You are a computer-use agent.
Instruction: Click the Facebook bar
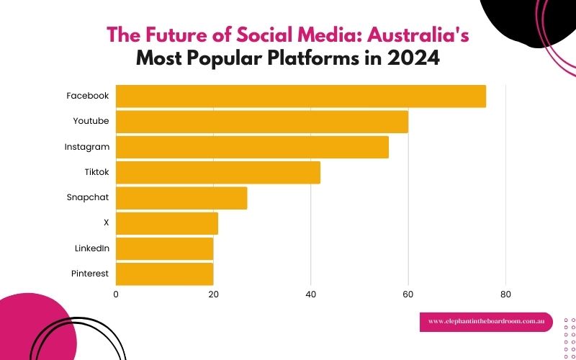[301, 96]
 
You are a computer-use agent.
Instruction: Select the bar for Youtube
[262, 122]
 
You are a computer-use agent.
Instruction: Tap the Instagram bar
[252, 147]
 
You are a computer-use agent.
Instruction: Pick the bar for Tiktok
[218, 172]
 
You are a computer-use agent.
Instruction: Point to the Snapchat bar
[181, 198]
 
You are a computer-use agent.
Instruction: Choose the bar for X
[167, 223]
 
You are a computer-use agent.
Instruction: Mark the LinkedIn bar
[164, 248]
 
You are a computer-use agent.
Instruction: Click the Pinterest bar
[164, 274]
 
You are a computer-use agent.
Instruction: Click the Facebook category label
[87, 96]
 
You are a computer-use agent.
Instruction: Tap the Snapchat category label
[88, 197]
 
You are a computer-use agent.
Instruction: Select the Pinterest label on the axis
[90, 274]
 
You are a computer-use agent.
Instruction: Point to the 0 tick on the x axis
[116, 294]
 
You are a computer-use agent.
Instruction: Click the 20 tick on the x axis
[213, 294]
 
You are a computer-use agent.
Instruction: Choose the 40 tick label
[310, 294]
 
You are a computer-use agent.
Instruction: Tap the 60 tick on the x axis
[408, 294]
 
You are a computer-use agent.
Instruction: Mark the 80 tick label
[505, 294]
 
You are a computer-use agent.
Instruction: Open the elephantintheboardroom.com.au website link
[486, 322]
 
